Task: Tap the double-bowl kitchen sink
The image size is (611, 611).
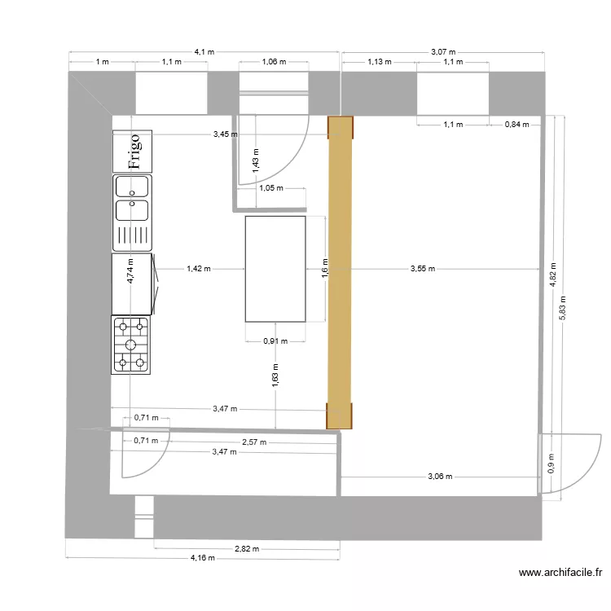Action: click(132, 198)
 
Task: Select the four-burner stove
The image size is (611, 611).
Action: click(132, 345)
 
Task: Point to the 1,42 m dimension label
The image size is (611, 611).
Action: click(198, 268)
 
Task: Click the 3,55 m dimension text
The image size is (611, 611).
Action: click(424, 268)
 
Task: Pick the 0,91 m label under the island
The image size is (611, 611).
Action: click(275, 341)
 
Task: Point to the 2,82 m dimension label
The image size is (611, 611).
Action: click(247, 548)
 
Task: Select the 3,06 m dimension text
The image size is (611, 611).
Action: click(440, 477)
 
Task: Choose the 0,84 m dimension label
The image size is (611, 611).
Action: click(516, 125)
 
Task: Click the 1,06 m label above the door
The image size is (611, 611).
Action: click(274, 62)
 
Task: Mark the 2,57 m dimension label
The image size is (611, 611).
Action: click(254, 443)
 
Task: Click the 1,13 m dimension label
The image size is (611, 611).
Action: click(380, 62)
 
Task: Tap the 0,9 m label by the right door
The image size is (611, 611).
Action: click(551, 464)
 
